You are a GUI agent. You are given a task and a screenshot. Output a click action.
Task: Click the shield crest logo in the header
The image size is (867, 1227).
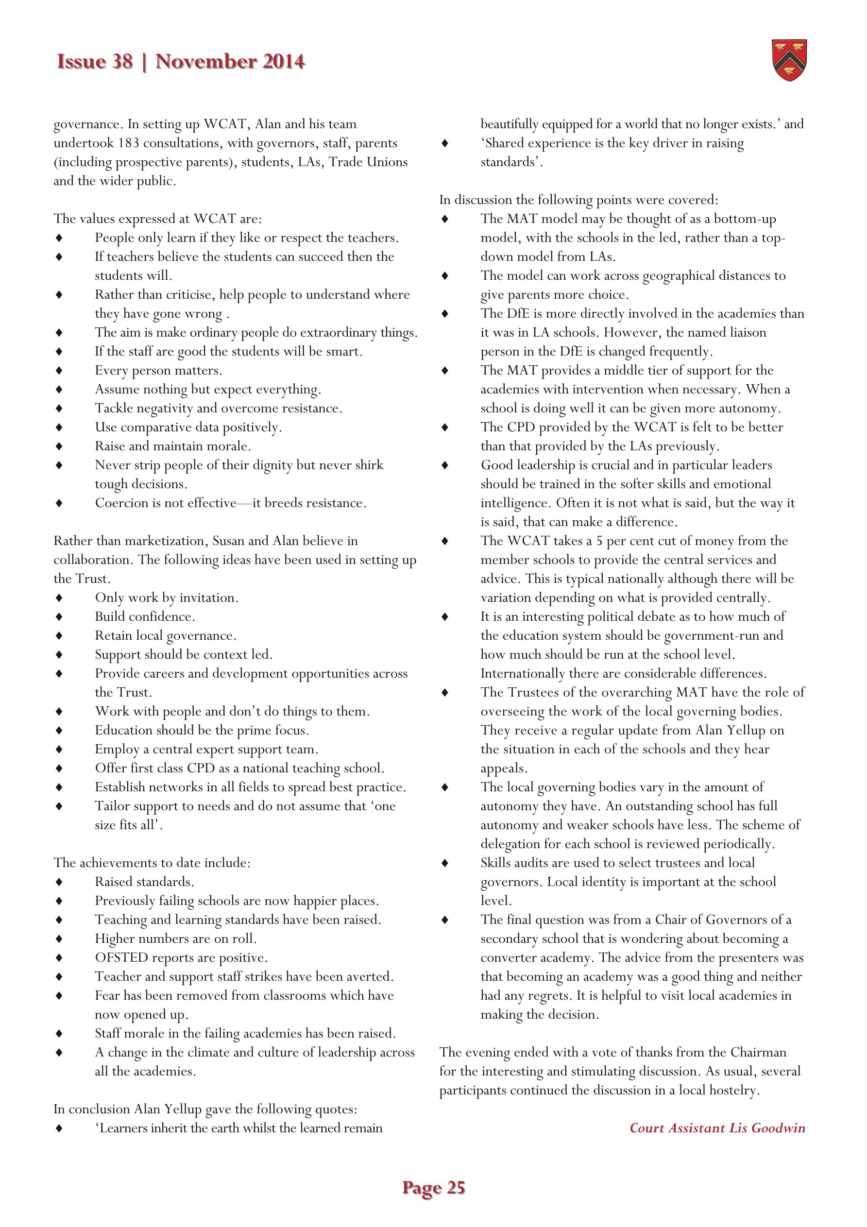pos(789,60)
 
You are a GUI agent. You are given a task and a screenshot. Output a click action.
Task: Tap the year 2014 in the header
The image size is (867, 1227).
pos(283,62)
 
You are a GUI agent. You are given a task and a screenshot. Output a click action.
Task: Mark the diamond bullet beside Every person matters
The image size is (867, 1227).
pos(59,370)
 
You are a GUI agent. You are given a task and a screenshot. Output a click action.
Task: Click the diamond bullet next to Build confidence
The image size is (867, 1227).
pos(59,617)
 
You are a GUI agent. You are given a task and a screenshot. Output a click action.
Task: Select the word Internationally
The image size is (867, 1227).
pos(523,673)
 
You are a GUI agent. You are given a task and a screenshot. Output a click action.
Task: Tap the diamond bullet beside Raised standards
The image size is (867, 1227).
pos(59,882)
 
